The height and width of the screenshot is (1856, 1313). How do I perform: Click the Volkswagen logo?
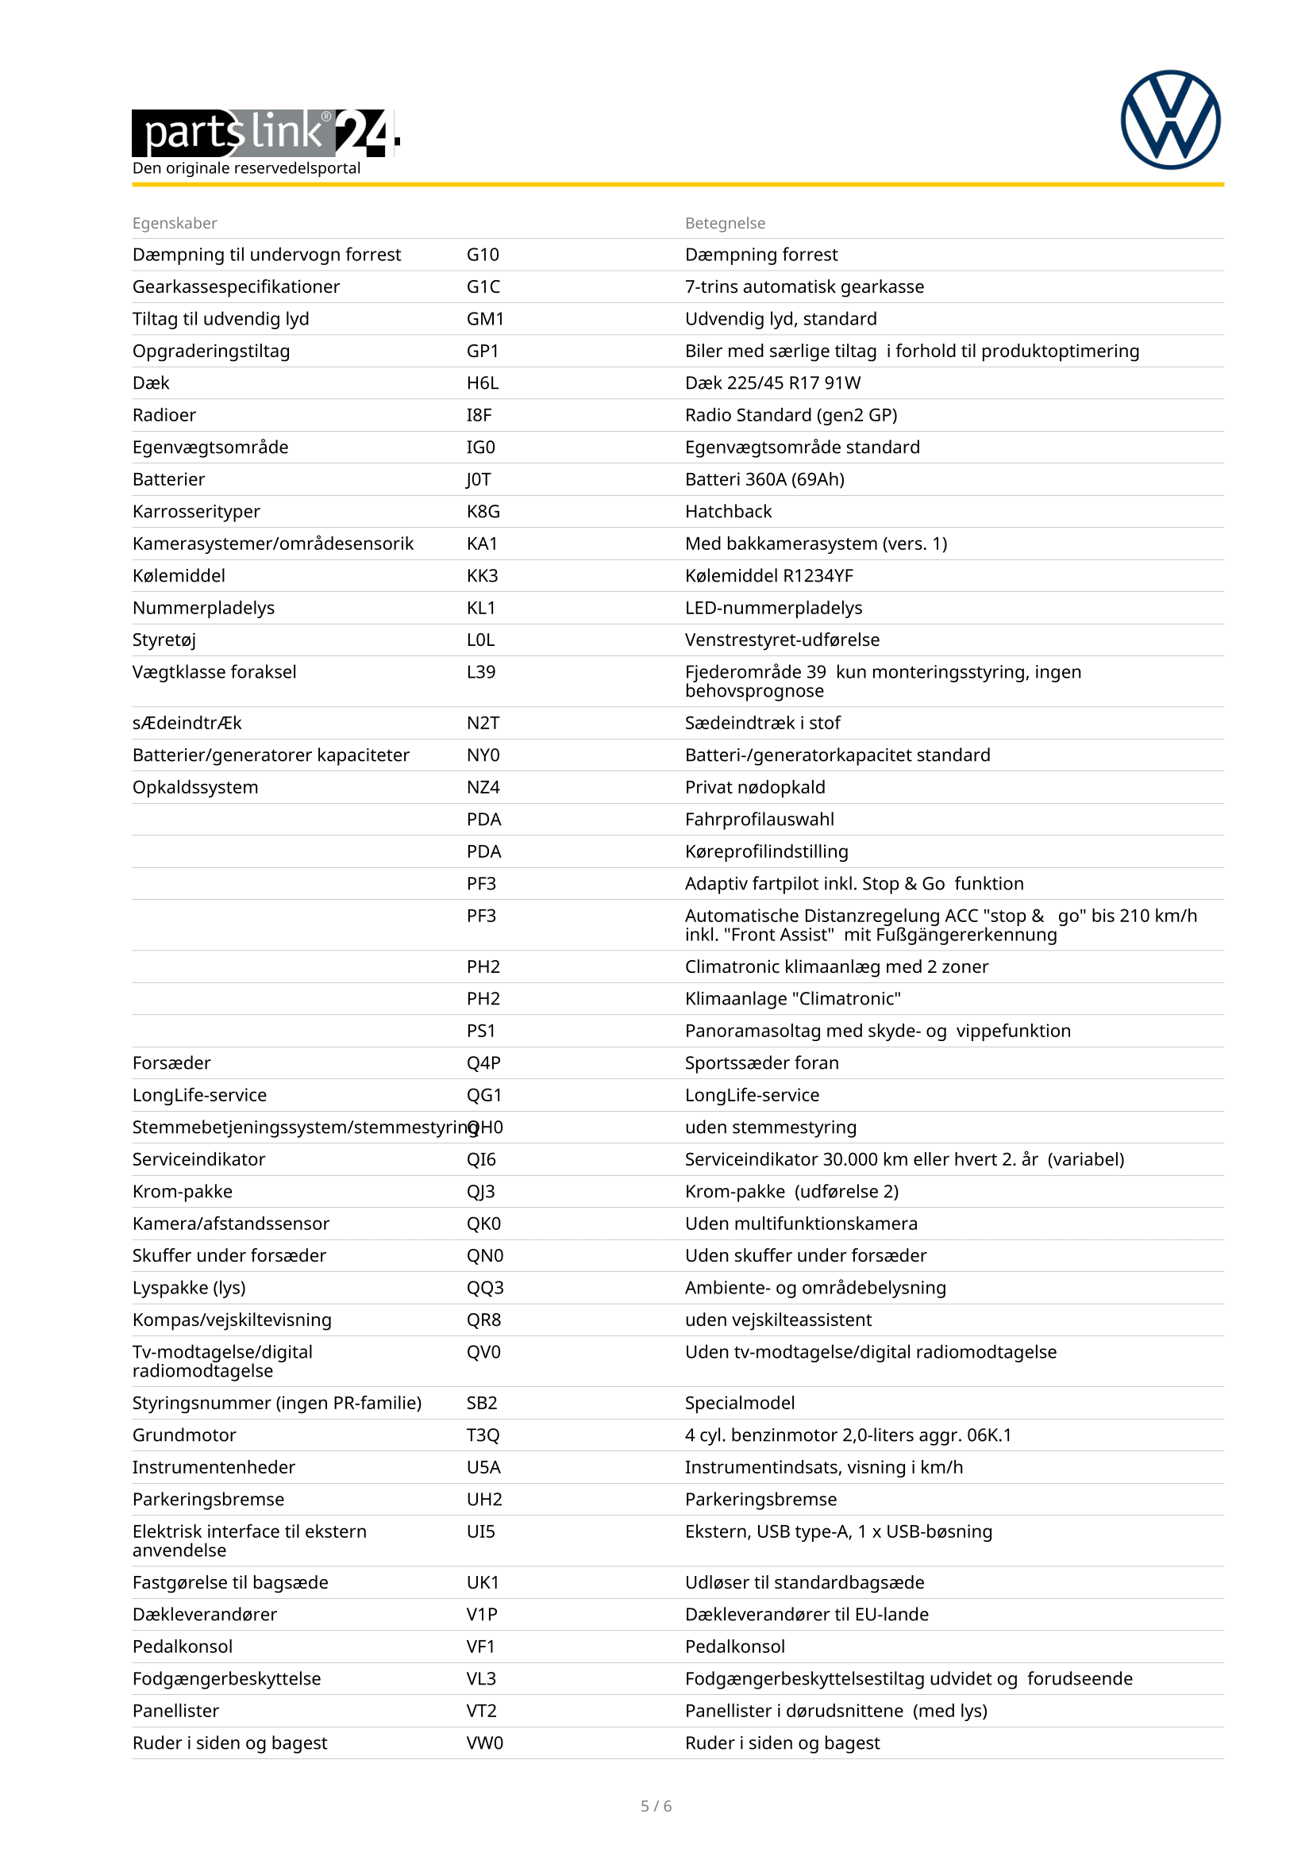point(1170,120)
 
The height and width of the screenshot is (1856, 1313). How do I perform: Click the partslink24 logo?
point(265,133)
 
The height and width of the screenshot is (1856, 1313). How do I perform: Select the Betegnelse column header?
point(725,223)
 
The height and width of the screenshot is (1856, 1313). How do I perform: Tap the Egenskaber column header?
point(175,223)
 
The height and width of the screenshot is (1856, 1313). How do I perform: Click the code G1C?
point(483,287)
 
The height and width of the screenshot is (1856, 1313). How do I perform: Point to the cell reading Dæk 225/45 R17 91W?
point(772,383)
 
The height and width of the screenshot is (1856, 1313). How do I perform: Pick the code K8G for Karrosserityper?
point(483,512)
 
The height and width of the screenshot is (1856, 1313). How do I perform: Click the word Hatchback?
point(728,512)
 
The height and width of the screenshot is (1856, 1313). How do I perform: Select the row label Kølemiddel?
point(179,575)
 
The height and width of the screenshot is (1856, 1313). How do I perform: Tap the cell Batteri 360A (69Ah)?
point(764,479)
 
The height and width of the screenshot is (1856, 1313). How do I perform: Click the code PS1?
point(480,1031)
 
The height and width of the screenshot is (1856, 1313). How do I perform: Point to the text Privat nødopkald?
point(754,787)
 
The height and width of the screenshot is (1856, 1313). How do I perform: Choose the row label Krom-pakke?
point(182,1192)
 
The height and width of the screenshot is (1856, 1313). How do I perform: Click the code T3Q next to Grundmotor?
point(483,1435)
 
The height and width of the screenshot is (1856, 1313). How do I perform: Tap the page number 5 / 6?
point(656,1806)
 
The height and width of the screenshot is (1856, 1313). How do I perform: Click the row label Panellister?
point(175,1711)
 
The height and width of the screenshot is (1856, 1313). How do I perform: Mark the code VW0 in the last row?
point(484,1743)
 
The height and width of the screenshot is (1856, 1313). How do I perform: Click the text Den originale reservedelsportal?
point(246,168)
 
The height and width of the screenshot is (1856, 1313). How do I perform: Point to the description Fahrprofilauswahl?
point(759,820)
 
